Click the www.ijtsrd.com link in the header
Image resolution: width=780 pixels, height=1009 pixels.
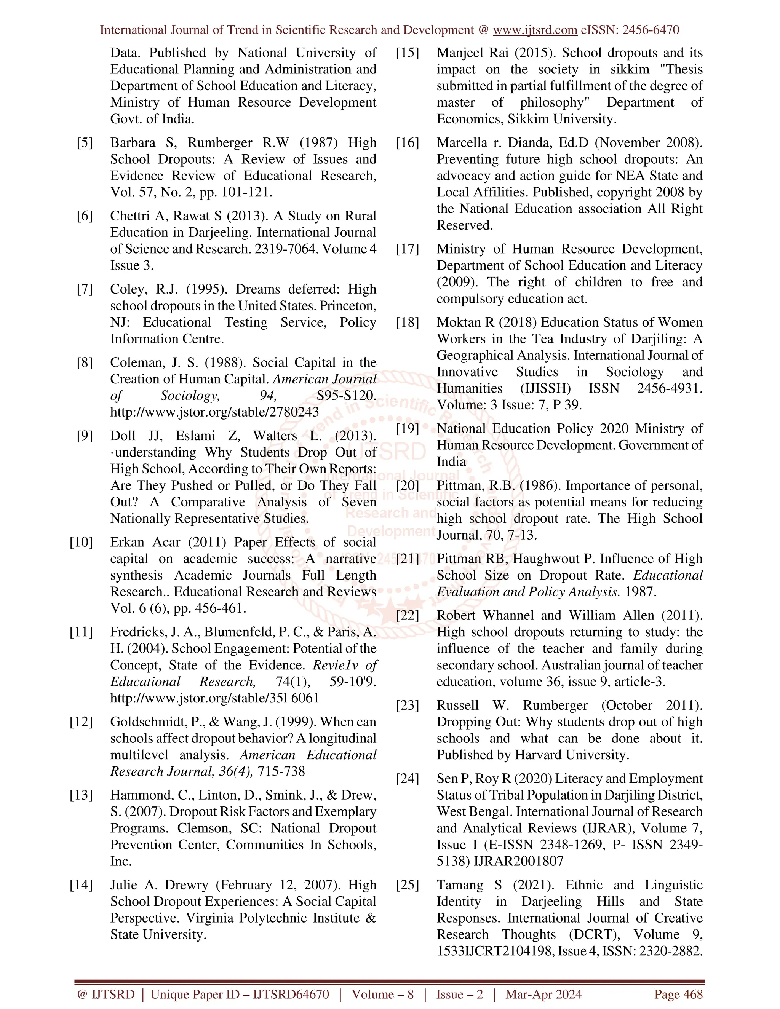pos(535,30)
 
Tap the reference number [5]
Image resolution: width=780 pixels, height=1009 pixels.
pos(85,143)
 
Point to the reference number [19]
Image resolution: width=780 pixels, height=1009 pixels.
pos(408,429)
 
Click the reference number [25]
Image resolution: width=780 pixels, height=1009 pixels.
pos(408,885)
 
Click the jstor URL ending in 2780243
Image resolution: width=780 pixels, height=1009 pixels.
pos(214,412)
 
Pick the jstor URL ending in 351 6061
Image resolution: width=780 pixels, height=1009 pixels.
pos(214,698)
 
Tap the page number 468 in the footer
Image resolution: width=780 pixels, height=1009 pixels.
pos(693,994)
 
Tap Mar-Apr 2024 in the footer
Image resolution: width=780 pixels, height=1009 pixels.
pos(543,994)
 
